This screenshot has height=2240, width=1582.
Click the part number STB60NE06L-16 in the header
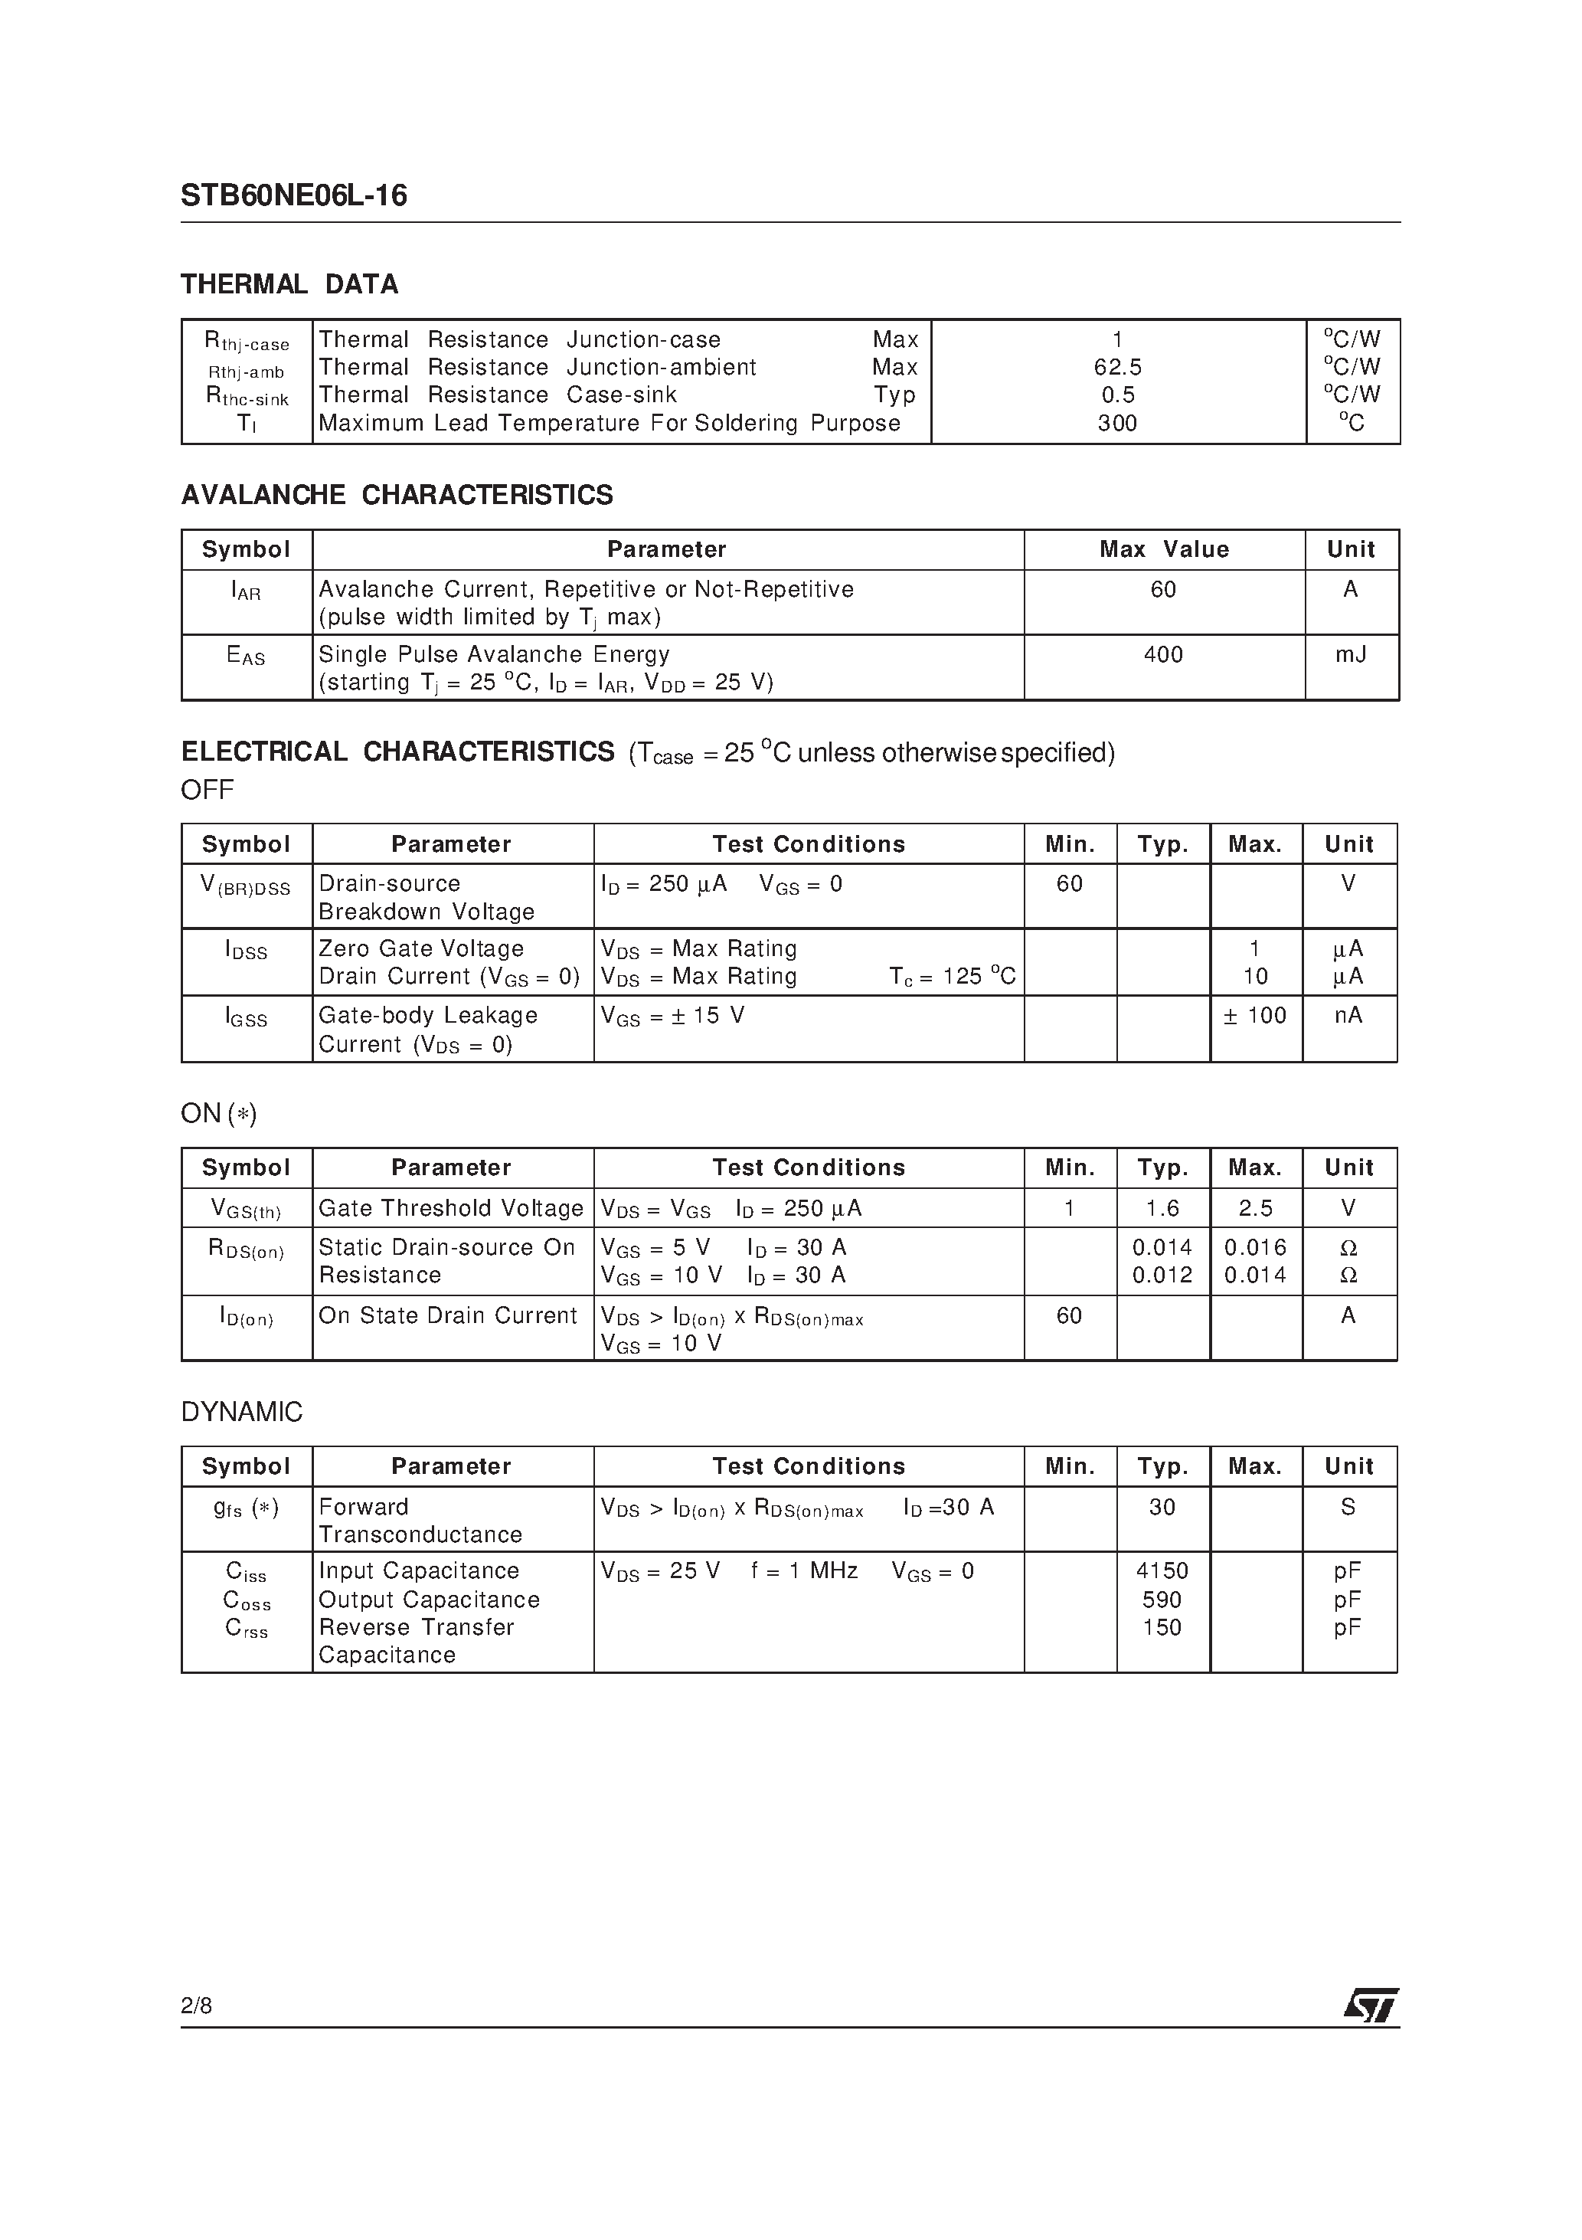click(293, 196)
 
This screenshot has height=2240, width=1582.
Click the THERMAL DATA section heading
click(289, 284)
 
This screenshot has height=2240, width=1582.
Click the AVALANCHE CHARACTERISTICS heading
click(397, 495)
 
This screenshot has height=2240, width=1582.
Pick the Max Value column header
click(1164, 549)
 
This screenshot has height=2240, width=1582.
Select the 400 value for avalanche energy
click(1162, 655)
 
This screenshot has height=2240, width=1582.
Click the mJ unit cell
click(1350, 655)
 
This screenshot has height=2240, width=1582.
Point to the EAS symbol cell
click(246, 657)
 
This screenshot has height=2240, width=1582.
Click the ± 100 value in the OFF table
click(1254, 1016)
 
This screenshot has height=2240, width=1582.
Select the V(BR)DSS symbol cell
click(246, 885)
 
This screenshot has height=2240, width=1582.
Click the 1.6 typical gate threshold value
click(1162, 1209)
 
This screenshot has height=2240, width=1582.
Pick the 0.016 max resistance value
click(1255, 1248)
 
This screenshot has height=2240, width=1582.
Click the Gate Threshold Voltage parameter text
click(450, 1209)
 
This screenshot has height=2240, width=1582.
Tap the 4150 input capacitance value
click(1162, 1570)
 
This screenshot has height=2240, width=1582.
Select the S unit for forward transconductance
click(1348, 1508)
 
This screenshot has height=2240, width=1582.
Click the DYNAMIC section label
click(242, 1412)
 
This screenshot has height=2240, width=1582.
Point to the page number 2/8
click(196, 2006)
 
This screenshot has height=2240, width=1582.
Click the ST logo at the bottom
click(1371, 2006)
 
